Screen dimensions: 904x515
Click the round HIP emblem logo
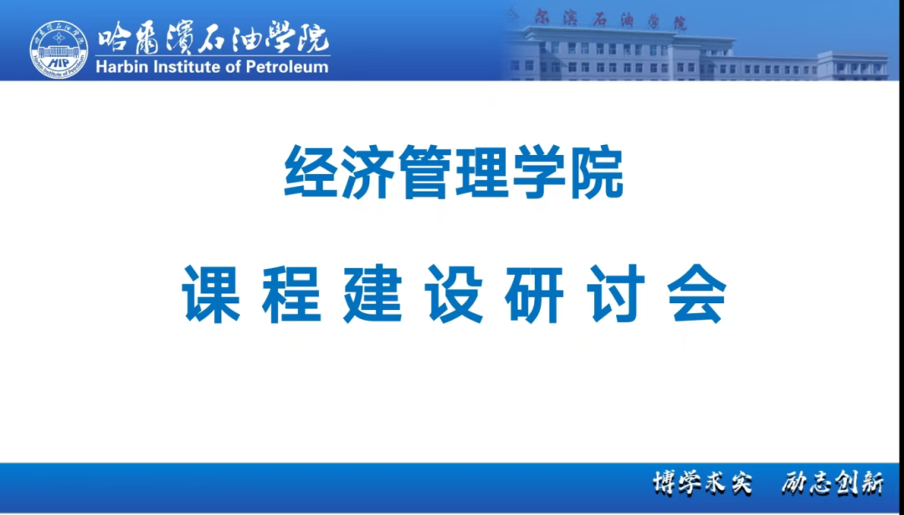click(59, 49)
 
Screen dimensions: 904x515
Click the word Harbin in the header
click(116, 67)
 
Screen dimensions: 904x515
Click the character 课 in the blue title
click(210, 294)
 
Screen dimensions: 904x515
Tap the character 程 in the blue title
click(292, 294)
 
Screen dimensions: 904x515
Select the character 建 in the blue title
click(373, 294)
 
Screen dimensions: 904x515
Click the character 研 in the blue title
click(534, 294)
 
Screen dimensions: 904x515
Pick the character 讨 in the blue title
click(615, 294)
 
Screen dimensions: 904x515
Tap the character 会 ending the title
click(696, 294)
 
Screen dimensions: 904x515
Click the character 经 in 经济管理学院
click(312, 172)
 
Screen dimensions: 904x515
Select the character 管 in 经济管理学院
click(426, 172)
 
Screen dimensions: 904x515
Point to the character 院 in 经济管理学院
click(596, 172)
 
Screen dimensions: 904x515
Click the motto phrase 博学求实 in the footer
click(703, 483)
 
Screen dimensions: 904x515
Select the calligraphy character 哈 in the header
click(114, 40)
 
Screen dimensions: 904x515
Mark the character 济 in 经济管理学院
click(369, 172)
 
